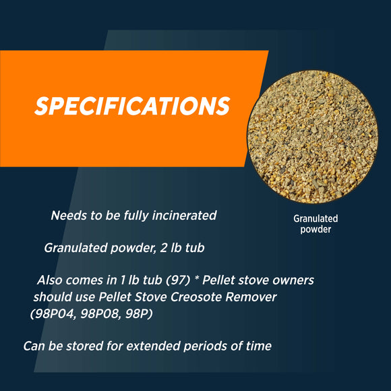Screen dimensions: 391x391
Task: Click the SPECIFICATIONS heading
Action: (132, 107)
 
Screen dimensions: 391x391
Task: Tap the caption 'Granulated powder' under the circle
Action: (315, 224)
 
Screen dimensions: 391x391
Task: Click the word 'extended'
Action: (145, 347)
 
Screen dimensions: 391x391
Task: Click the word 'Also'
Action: (51, 280)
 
